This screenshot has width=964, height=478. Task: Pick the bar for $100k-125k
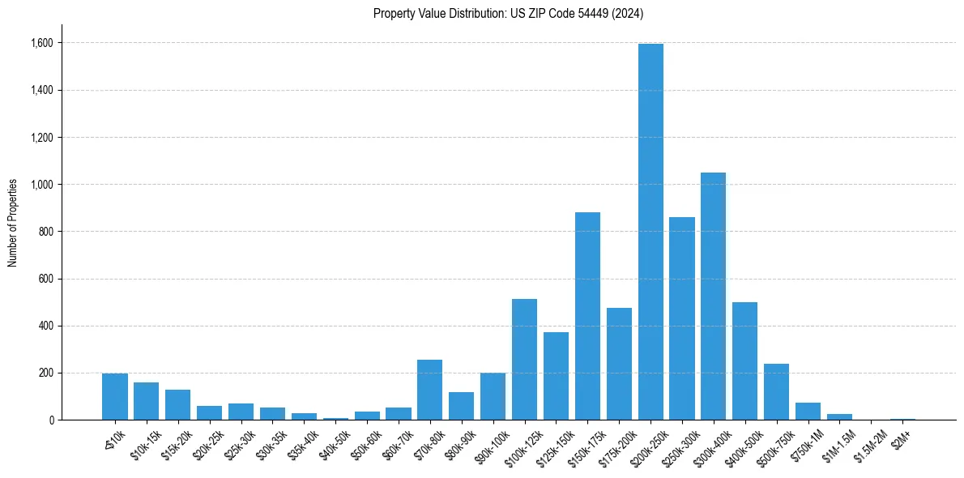pyautogui.click(x=524, y=360)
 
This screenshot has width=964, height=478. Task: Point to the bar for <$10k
pyautogui.click(x=114, y=397)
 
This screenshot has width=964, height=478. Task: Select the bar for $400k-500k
pyautogui.click(x=745, y=361)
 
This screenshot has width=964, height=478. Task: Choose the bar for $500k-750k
pyautogui.click(x=777, y=392)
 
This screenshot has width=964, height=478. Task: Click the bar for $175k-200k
pyautogui.click(x=619, y=364)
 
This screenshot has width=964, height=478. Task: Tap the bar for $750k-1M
pyautogui.click(x=808, y=412)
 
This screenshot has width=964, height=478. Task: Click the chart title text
pyautogui.click(x=508, y=13)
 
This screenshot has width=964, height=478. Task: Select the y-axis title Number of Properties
pyautogui.click(x=13, y=223)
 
